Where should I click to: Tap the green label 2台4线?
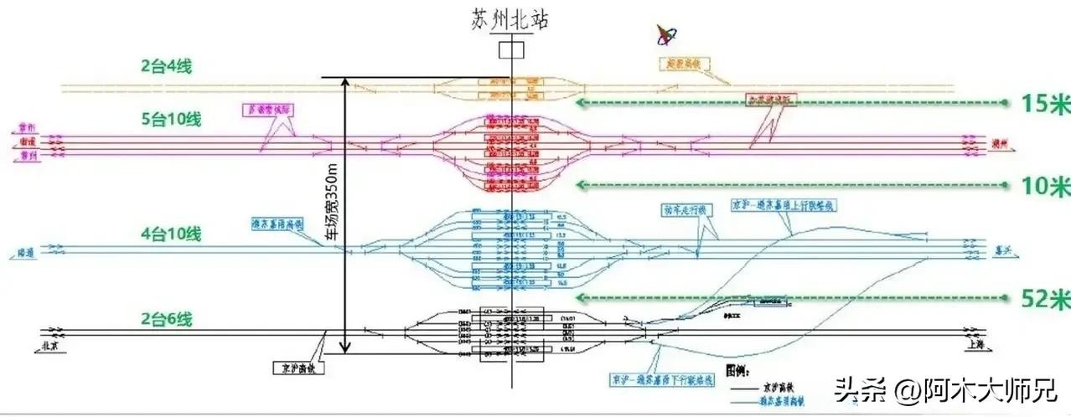point(166,64)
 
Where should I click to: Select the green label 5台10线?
point(170,119)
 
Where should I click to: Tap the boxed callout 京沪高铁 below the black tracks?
point(297,367)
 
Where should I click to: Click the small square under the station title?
point(510,49)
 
